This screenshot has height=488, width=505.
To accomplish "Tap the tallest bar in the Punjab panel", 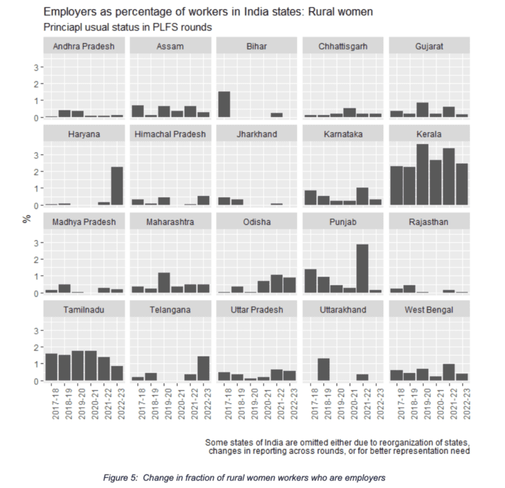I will [361, 268].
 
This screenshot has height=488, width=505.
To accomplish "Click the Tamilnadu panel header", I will [84, 309].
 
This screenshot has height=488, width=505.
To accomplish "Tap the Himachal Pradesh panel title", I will [170, 134].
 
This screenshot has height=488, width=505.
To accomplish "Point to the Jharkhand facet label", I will [256, 134].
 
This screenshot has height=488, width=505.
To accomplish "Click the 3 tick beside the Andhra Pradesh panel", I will [38, 67].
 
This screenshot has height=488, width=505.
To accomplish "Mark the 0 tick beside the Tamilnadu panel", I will [38, 381].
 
